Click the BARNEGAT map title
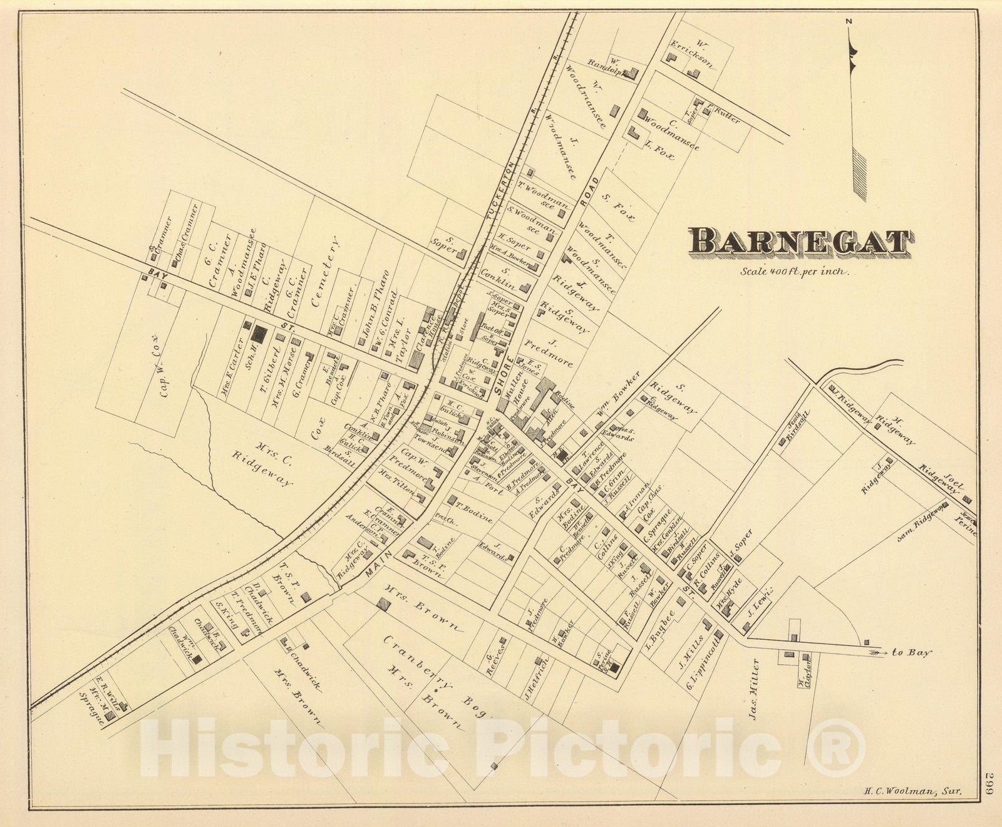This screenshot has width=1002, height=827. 800,243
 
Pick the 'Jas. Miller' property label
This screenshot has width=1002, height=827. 756,689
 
